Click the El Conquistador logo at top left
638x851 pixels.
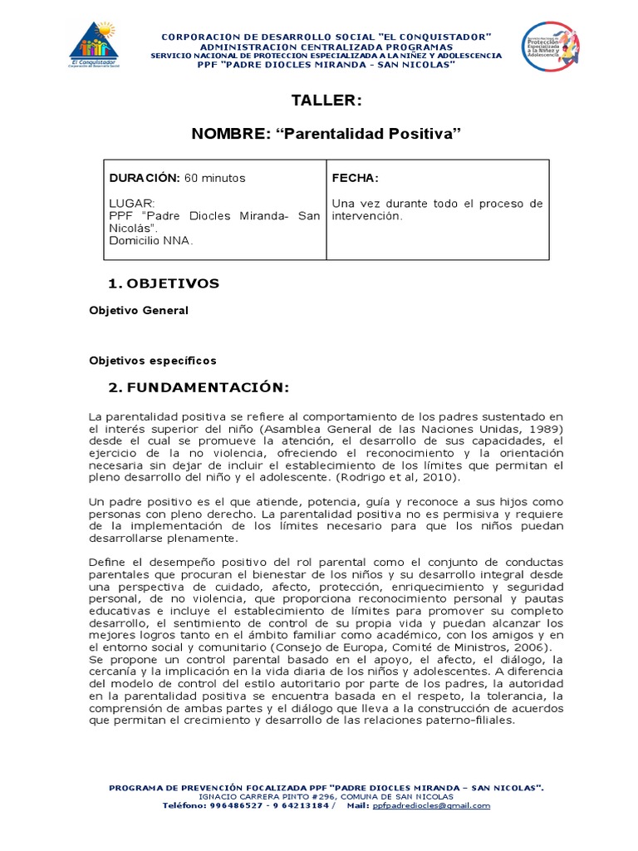tap(94, 47)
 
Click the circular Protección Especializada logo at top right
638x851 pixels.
tap(550, 48)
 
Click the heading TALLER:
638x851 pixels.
tap(326, 101)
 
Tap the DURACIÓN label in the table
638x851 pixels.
tap(144, 178)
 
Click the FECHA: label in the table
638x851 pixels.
tap(355, 178)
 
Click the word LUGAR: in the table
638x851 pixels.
tap(131, 203)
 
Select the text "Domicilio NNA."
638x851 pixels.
tap(150, 240)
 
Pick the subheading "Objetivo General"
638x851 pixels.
tap(139, 310)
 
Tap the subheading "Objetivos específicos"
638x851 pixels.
tap(152, 360)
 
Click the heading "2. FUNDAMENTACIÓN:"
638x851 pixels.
tap(199, 387)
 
